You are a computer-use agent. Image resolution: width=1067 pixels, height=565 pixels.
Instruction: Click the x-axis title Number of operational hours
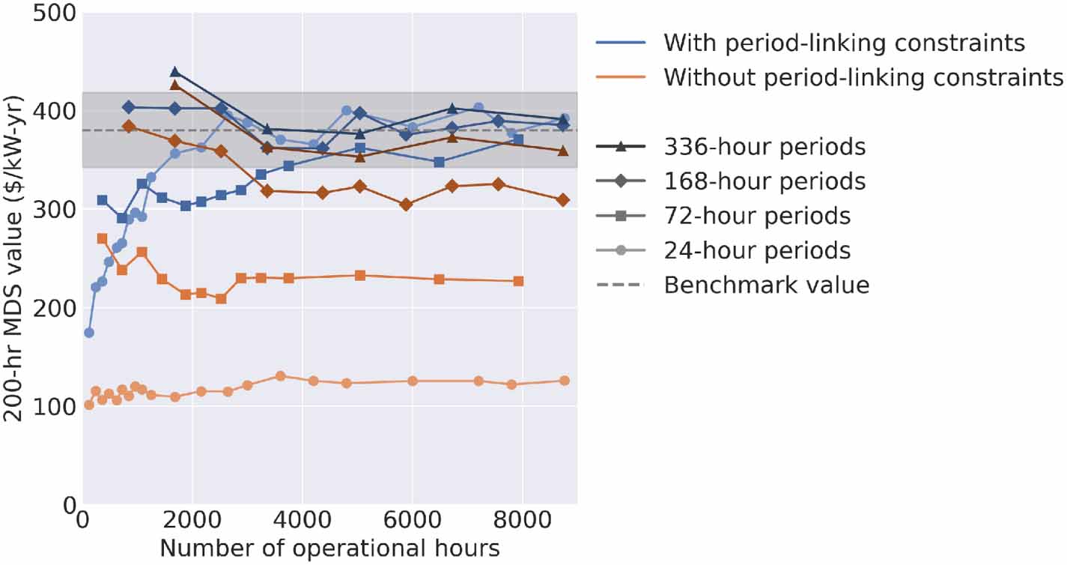click(x=329, y=549)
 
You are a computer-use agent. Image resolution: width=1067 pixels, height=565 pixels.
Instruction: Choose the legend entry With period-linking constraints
click(x=844, y=43)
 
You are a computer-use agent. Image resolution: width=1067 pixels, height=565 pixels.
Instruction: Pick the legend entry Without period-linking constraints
click(x=863, y=76)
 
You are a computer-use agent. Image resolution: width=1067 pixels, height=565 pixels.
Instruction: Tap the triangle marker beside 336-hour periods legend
click(x=621, y=147)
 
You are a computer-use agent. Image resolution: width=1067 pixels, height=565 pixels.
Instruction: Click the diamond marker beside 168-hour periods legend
click(x=621, y=181)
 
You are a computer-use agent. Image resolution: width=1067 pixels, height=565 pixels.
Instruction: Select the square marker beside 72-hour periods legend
click(x=621, y=217)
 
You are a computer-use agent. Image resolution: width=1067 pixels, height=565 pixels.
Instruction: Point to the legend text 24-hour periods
click(x=758, y=250)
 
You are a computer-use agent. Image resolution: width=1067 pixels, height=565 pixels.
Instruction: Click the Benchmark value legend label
click(x=767, y=285)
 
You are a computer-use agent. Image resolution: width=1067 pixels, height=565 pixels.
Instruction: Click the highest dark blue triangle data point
click(x=175, y=72)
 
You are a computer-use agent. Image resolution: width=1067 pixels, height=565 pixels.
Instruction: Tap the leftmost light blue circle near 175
click(x=89, y=333)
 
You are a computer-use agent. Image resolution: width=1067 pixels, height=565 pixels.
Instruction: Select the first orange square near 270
click(x=103, y=238)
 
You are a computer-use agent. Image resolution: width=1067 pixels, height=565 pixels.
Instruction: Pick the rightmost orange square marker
click(x=518, y=281)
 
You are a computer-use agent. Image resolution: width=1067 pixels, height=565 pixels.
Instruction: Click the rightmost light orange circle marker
click(x=565, y=381)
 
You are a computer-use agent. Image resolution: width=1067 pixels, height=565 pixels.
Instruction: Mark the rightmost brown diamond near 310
click(x=563, y=200)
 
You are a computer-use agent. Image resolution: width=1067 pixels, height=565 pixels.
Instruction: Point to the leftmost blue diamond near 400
click(x=129, y=107)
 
